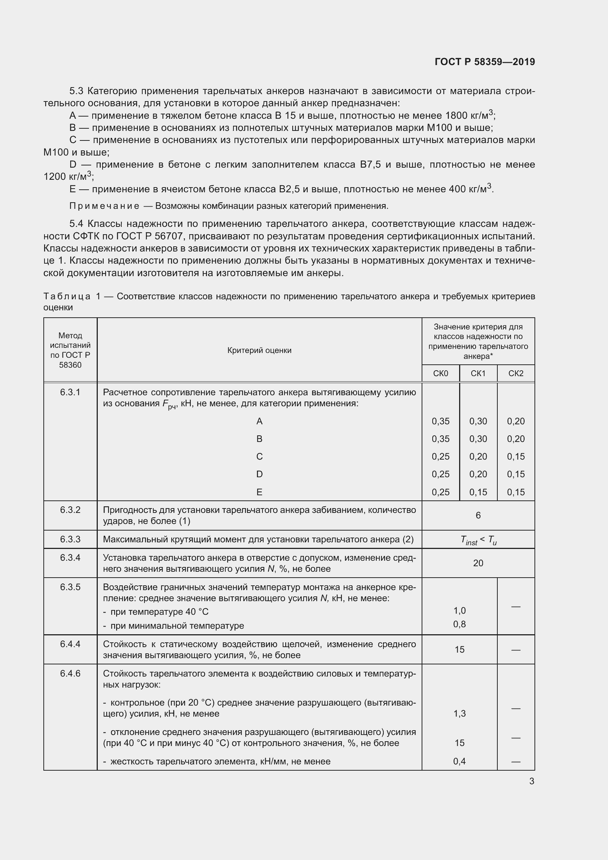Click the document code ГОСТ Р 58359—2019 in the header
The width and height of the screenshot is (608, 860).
(484, 62)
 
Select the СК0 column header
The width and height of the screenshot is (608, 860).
(440, 374)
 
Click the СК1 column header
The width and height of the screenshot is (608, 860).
(478, 374)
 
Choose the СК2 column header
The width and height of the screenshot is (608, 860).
(515, 374)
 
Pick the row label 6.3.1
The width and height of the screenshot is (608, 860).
(70, 392)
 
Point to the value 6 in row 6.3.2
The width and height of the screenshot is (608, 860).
(478, 515)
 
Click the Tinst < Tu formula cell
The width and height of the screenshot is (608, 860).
(478, 540)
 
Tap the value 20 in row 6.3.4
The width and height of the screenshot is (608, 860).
(478, 563)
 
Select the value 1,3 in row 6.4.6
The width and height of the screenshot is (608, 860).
(459, 714)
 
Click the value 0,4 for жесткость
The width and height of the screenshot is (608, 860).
(459, 761)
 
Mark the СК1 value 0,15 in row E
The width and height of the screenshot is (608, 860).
(478, 492)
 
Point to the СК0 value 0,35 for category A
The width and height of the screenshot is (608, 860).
(440, 421)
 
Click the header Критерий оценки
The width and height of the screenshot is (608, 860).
(259, 350)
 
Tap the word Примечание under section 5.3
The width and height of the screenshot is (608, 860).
(104, 206)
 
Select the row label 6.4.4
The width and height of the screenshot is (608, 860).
(70, 644)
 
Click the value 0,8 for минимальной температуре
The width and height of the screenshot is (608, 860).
(459, 624)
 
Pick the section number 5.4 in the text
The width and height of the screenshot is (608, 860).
(76, 224)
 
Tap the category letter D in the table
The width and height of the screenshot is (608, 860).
(259, 474)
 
